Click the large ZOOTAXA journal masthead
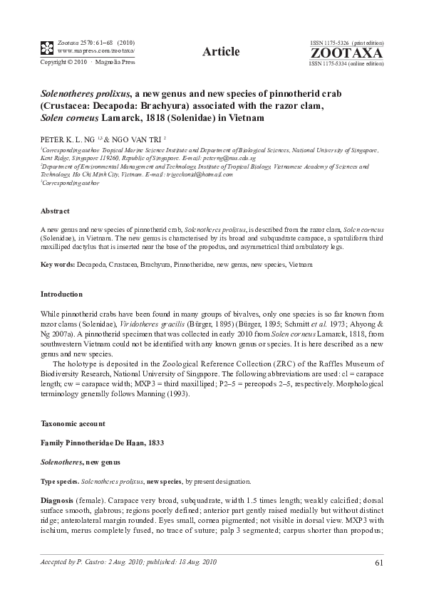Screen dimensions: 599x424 pos(346,53)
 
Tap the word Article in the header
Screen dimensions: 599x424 pos(219,51)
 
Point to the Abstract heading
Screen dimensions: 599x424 pos(55,211)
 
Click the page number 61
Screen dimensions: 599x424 pos(378,565)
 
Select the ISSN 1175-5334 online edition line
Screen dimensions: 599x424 pos(346,63)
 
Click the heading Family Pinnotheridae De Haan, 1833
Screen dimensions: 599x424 pos(103,442)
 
